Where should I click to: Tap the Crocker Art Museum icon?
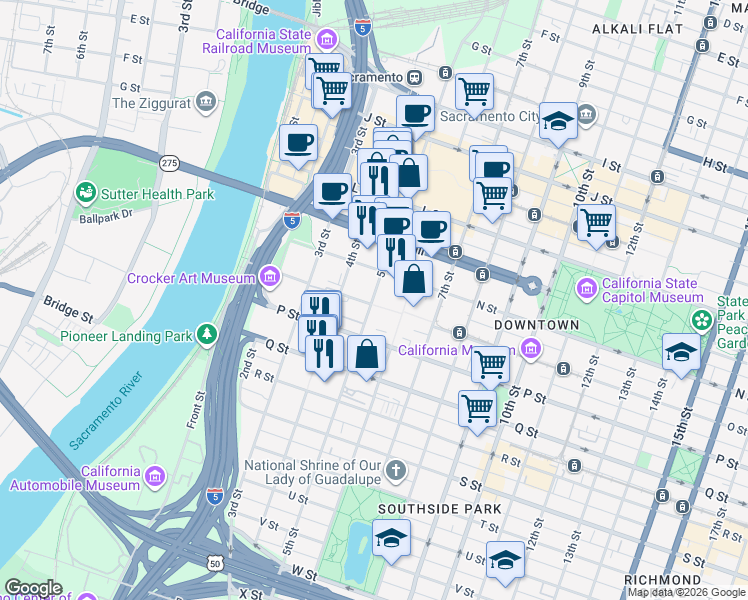269,275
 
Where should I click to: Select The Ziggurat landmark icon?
207,101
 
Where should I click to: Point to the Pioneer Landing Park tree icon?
207,333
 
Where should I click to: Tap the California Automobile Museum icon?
153,474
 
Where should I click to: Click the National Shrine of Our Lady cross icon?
397,470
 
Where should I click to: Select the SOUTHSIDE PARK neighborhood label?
438,509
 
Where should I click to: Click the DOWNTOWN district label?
536,326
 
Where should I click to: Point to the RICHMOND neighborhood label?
662,580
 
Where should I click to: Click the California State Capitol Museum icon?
587,289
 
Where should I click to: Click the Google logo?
32,588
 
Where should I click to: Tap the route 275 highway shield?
169,162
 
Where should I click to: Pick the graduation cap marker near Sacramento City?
559,123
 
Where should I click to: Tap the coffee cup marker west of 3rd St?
298,144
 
